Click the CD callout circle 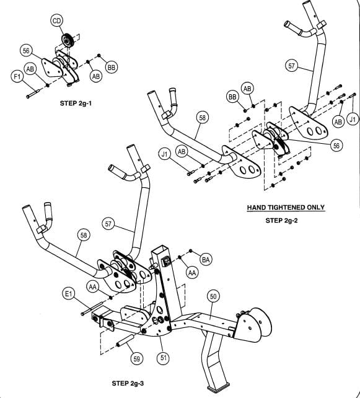point(57,21)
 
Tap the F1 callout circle point(17,77)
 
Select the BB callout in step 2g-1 point(111,68)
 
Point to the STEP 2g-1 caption point(76,104)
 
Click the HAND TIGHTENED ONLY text point(286,208)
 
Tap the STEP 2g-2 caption point(281,220)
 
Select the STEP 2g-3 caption point(128,383)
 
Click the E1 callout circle point(69,294)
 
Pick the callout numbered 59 point(136,359)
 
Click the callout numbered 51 point(164,357)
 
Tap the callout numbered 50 point(213,296)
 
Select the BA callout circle point(206,259)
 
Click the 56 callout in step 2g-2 point(336,146)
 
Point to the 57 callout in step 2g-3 point(108,224)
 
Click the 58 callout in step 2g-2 point(202,118)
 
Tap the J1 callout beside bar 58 point(165,154)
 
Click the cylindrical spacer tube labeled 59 point(125,340)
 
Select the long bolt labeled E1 point(91,308)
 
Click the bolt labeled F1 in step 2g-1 point(32,94)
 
